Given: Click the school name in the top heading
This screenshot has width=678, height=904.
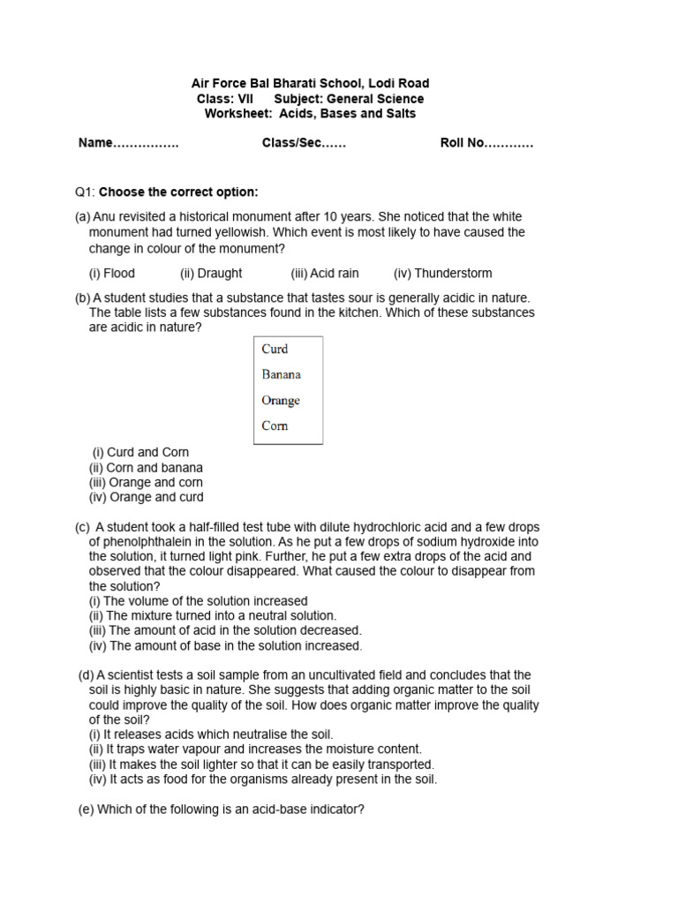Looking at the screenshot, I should (310, 84).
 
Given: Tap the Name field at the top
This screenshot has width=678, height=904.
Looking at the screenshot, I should (128, 143).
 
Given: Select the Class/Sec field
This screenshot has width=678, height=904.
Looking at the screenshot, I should (304, 143).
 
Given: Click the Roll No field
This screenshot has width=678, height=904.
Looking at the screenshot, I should (486, 143).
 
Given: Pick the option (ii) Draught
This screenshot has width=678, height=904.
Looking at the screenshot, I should (211, 274).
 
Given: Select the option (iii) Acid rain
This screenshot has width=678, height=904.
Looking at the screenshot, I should (325, 274).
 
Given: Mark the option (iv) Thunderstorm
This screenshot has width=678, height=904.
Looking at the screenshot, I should (442, 274).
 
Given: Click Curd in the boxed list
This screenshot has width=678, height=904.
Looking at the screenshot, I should (275, 349).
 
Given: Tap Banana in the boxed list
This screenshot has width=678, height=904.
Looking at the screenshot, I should (281, 374).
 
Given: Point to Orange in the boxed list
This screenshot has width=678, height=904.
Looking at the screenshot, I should (281, 400).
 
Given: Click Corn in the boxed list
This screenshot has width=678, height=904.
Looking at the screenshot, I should (275, 426).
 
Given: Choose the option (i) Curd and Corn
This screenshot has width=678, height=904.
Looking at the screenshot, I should (140, 453).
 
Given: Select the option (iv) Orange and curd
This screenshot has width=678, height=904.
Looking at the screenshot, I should (146, 497).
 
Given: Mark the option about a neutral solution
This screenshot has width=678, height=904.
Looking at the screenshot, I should (212, 616).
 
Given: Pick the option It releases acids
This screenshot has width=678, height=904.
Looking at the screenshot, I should (211, 734).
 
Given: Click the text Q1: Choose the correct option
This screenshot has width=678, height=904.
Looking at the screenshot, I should (166, 192).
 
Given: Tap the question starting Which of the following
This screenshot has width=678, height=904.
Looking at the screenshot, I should (222, 810).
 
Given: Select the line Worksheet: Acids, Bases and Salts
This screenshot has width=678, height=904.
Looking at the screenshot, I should (310, 114).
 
